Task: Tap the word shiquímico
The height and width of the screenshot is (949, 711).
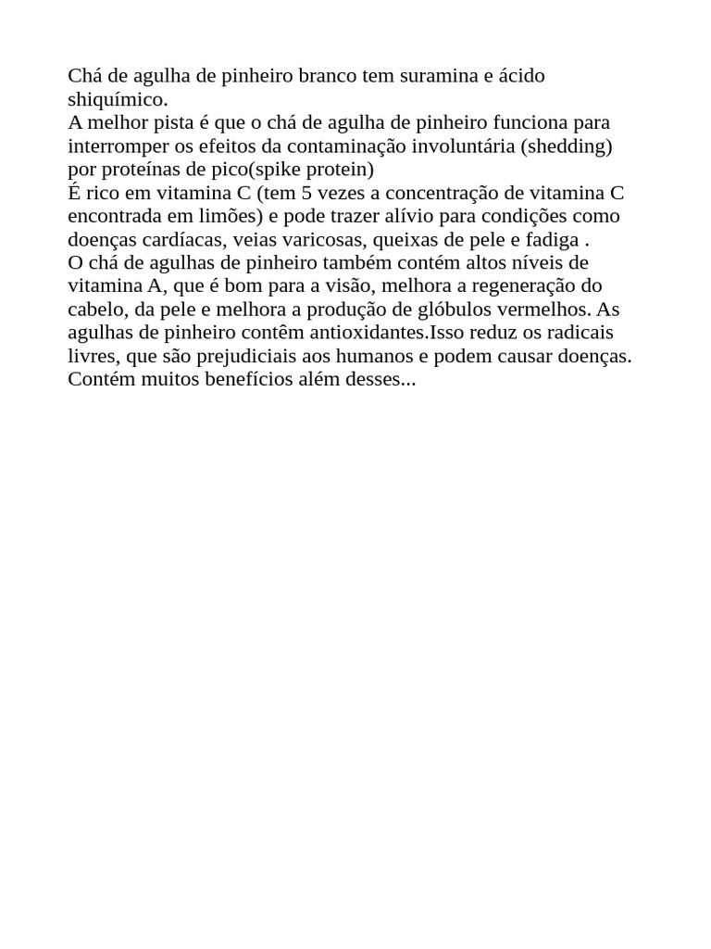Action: pos(118,99)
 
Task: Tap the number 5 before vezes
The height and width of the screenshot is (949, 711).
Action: pos(306,193)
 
